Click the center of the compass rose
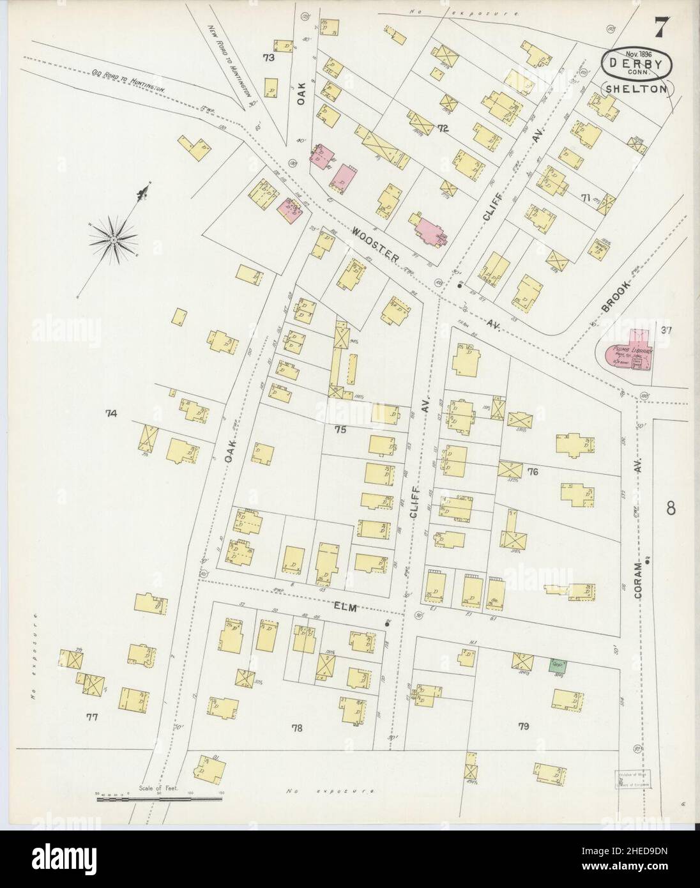pyautogui.click(x=114, y=239)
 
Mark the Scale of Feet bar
pyautogui.click(x=160, y=798)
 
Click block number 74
pyautogui.click(x=112, y=414)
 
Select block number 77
pyautogui.click(x=92, y=717)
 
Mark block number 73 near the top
pyautogui.click(x=268, y=58)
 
